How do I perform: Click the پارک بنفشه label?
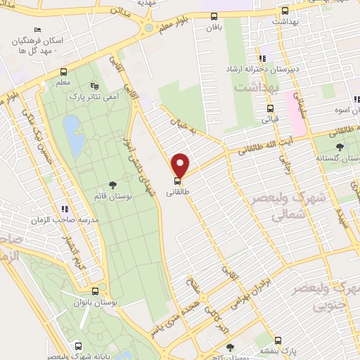click(x=279, y=352)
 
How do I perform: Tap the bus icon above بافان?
click(x=214, y=16)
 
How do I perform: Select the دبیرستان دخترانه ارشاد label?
click(x=261, y=70)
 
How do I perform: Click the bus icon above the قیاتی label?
click(x=270, y=108)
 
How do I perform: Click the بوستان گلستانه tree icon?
click(x=340, y=147)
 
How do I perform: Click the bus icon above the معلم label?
click(x=63, y=72)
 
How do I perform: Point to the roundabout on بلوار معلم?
click(x=148, y=27)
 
